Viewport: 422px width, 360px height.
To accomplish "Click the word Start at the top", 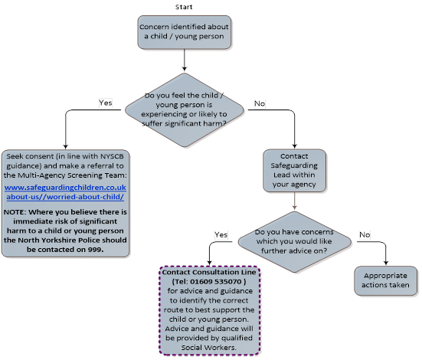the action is click(x=184, y=7).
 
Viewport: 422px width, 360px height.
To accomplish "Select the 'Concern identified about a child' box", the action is click(x=185, y=32).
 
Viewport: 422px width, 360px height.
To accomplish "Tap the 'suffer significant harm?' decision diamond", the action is click(x=185, y=110).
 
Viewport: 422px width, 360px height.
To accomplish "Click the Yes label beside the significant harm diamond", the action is click(x=106, y=103).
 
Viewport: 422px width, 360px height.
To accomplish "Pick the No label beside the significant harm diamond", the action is click(x=260, y=103).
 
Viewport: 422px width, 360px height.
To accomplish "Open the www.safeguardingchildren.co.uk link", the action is click(x=65, y=188).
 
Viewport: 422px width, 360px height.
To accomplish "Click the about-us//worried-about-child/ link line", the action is click(x=65, y=197).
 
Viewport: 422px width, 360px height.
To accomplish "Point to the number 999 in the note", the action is click(x=95, y=250).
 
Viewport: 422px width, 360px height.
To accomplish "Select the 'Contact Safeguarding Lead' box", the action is click(x=294, y=171).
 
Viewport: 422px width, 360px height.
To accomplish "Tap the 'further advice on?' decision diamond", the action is click(x=294, y=242).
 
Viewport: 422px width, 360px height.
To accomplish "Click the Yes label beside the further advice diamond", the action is click(x=221, y=235).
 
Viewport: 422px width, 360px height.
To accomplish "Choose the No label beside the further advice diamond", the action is click(x=365, y=235).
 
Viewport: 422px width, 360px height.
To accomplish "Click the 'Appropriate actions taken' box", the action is click(x=386, y=281).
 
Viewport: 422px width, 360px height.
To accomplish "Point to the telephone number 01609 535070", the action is click(x=215, y=282).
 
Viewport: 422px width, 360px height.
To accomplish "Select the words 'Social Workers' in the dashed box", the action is click(x=208, y=348).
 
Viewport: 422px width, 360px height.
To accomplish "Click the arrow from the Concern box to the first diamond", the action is click(x=185, y=60).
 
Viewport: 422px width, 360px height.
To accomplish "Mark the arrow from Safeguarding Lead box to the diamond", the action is click(x=294, y=201).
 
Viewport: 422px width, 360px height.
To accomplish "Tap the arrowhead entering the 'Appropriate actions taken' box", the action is click(x=386, y=263).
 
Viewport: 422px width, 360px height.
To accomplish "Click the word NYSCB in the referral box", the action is click(x=112, y=156).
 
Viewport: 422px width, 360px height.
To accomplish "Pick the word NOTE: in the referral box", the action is click(x=15, y=212).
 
